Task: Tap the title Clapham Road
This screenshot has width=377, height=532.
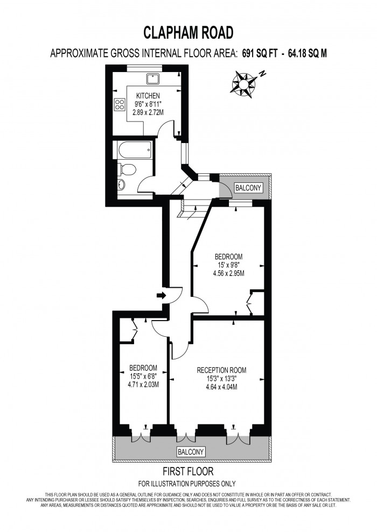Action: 188,33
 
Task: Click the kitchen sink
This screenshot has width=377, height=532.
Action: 154,77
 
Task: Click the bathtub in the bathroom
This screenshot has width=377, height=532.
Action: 132,149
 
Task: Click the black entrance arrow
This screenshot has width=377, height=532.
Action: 160,295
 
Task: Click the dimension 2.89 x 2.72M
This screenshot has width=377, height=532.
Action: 148,112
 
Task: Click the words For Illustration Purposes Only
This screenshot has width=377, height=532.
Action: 187,483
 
